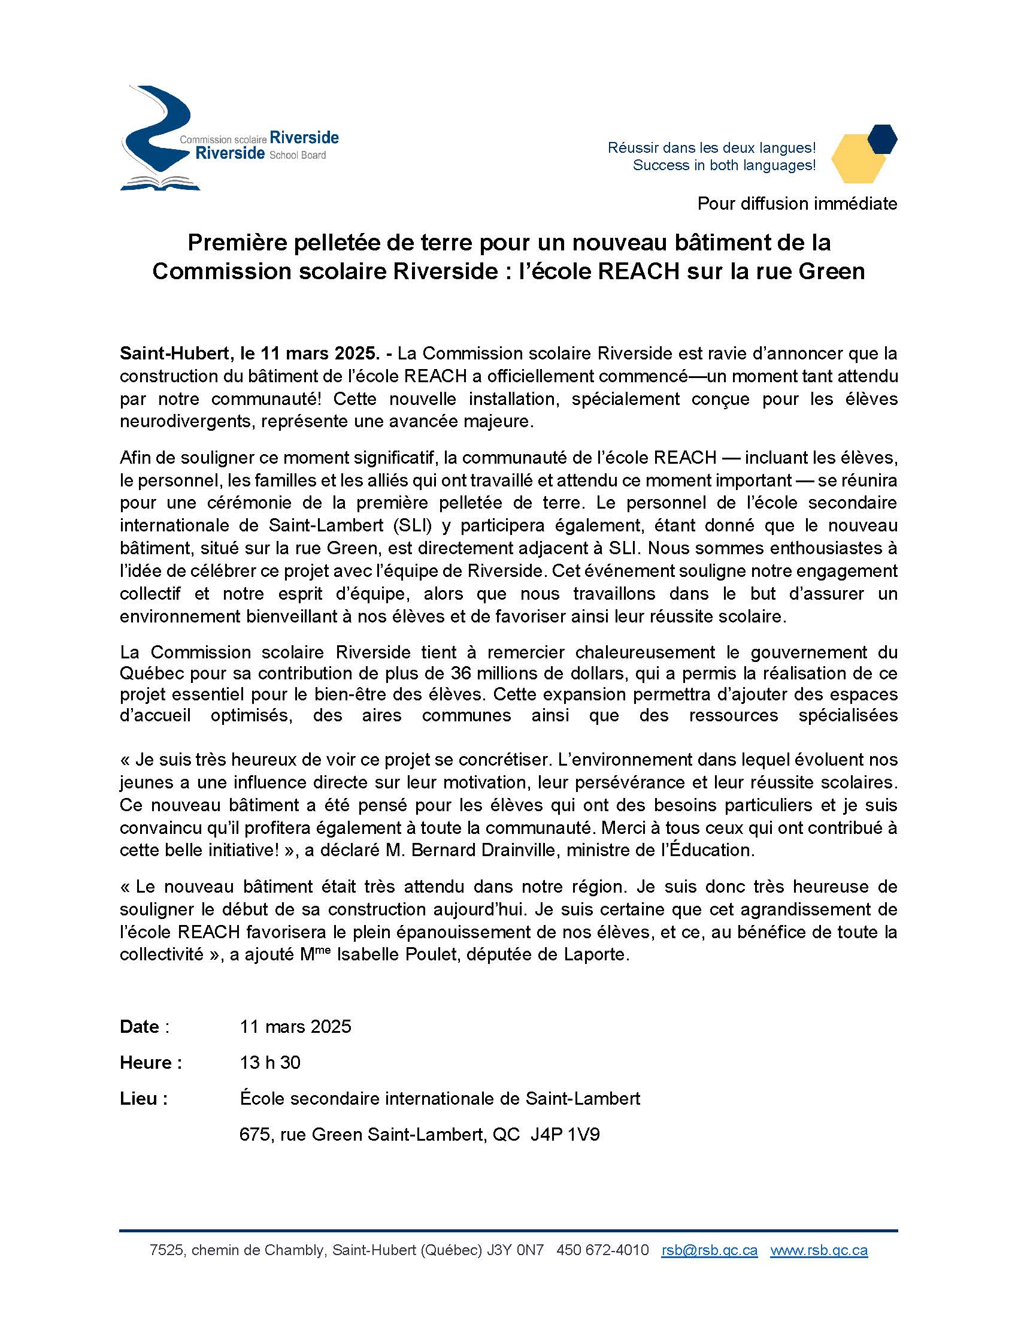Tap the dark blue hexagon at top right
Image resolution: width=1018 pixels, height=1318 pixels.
point(881,138)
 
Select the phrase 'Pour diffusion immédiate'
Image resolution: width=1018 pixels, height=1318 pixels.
point(796,203)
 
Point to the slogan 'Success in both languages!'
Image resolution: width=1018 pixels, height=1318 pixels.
point(724,165)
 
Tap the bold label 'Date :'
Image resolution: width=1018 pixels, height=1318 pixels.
point(144,1026)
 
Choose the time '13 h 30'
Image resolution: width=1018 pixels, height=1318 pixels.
point(269,1062)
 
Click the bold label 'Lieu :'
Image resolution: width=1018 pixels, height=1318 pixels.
point(144,1098)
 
